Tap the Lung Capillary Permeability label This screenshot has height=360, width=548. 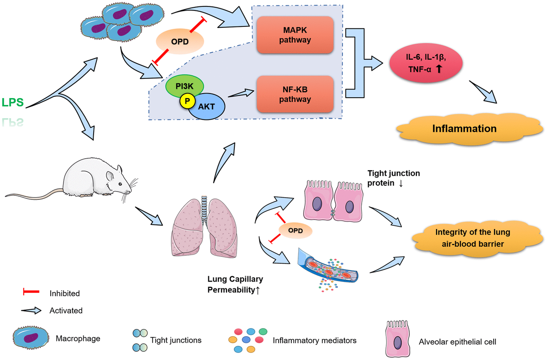coord(235,284)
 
